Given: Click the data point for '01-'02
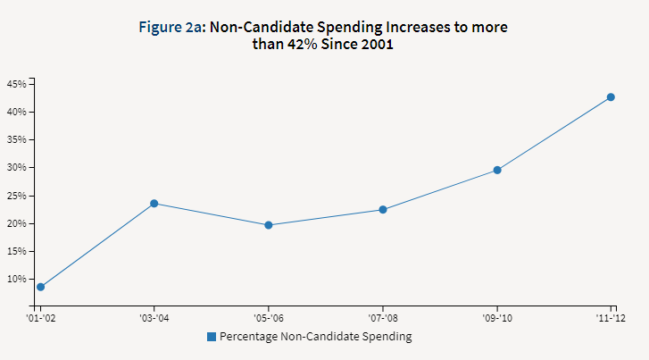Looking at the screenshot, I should [40, 287].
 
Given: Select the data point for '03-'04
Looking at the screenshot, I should [154, 204].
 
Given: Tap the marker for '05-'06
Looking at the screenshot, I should [269, 225].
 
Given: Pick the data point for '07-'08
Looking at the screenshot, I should [383, 210].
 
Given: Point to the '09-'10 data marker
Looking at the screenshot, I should [497, 170].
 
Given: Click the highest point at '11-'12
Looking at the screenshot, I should [611, 97].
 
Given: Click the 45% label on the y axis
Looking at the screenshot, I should [16, 84].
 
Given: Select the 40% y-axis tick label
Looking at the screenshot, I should [16, 112].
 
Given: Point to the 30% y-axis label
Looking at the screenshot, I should [16, 167].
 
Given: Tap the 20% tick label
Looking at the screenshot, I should [16, 223].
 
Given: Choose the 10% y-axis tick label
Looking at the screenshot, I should [16, 279].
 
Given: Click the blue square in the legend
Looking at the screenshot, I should [212, 337].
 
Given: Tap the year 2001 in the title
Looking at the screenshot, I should [375, 46].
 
